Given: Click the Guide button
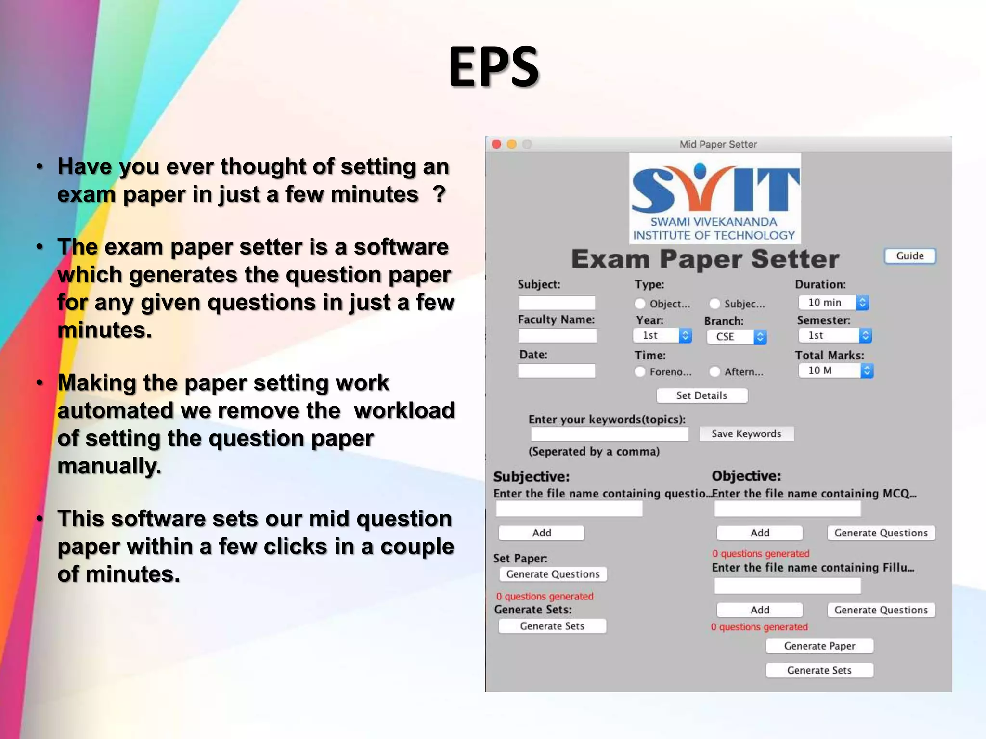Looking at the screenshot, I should tap(909, 256).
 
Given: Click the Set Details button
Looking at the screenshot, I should tap(701, 395).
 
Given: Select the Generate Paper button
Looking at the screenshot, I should tap(819, 646).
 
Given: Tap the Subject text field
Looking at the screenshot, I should tap(557, 303).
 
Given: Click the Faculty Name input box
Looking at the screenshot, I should tap(557, 335).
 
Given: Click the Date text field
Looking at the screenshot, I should tap(557, 370).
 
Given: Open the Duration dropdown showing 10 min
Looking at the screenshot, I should tap(833, 303).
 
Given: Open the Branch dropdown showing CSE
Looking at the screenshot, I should tap(736, 337).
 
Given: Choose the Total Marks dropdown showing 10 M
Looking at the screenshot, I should tap(835, 370).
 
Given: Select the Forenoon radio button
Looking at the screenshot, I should tap(640, 371).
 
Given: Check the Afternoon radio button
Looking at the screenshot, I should tap(715, 371).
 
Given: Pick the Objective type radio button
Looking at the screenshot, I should tap(640, 304).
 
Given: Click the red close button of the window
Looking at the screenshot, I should tap(496, 144).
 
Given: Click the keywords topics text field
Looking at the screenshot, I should tap(609, 434).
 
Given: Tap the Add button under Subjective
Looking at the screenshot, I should tap(541, 533).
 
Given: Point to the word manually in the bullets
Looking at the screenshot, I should tap(109, 466).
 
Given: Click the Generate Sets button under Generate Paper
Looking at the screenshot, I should tap(819, 670).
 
